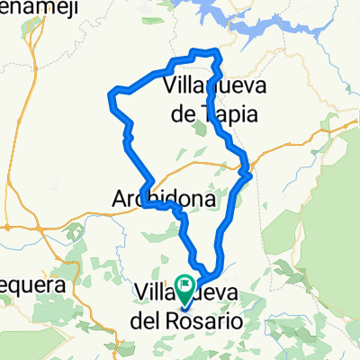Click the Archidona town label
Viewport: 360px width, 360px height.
165,198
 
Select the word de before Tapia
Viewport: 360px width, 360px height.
185,114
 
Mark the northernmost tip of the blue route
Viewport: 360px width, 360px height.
209,51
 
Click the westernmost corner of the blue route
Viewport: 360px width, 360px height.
112,92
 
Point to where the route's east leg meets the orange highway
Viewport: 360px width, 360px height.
245,164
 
